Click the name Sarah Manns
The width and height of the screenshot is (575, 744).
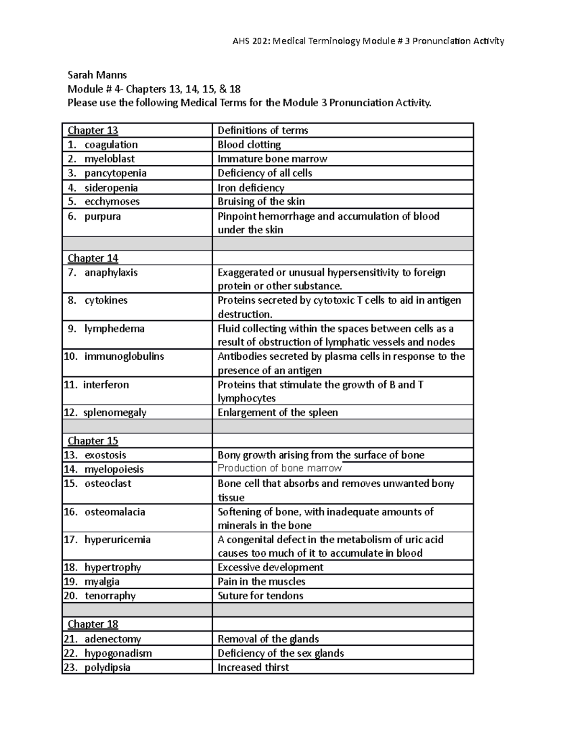click(x=97, y=75)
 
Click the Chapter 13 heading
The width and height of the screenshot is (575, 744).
click(x=93, y=130)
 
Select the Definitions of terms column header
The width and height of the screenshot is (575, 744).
click(x=263, y=130)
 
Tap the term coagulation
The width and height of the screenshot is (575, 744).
click(x=111, y=145)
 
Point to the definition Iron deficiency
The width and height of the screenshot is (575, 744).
click(x=251, y=188)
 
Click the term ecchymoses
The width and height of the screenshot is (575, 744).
click(x=112, y=201)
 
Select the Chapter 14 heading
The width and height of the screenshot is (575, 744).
click(x=93, y=258)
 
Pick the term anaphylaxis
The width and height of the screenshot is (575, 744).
click(x=111, y=273)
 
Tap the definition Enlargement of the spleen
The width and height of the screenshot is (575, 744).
click(x=277, y=412)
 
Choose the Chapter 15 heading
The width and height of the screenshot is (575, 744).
click(x=93, y=441)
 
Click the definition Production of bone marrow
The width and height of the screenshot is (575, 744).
click(x=279, y=469)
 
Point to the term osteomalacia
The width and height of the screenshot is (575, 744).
click(x=115, y=512)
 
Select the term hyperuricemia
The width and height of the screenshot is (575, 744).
click(x=117, y=539)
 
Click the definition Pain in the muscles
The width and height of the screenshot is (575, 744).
click(x=261, y=582)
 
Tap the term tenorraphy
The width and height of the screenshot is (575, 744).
click(x=110, y=596)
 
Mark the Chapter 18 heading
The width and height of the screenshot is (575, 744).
click(x=93, y=624)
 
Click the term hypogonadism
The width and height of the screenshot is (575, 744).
click(x=118, y=653)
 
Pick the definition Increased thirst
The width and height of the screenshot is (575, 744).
click(x=253, y=667)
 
